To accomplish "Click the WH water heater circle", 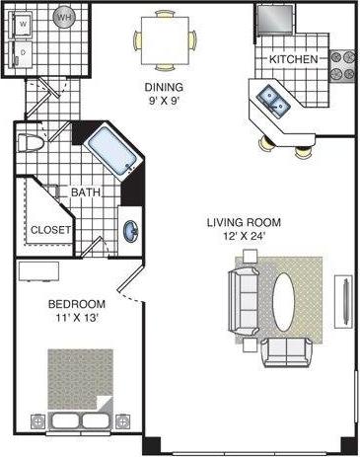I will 64,18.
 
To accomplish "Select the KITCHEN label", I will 293,60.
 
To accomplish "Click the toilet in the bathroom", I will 34,141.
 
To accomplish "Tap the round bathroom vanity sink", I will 130,232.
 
